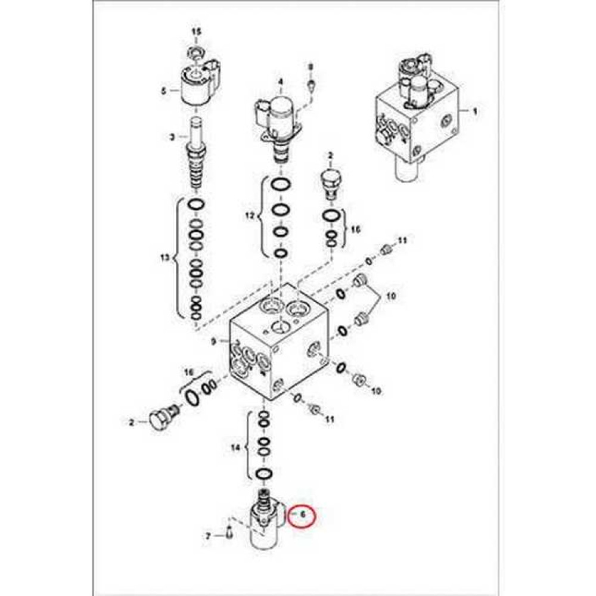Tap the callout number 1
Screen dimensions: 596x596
click(474, 111)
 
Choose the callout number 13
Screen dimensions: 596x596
click(165, 259)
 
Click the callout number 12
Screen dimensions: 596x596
click(249, 217)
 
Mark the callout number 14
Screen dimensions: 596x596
click(235, 448)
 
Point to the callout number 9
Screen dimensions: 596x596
click(213, 342)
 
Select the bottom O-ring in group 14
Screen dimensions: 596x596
click(264, 474)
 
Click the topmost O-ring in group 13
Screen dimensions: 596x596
click(196, 204)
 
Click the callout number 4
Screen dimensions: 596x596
click(281, 81)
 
